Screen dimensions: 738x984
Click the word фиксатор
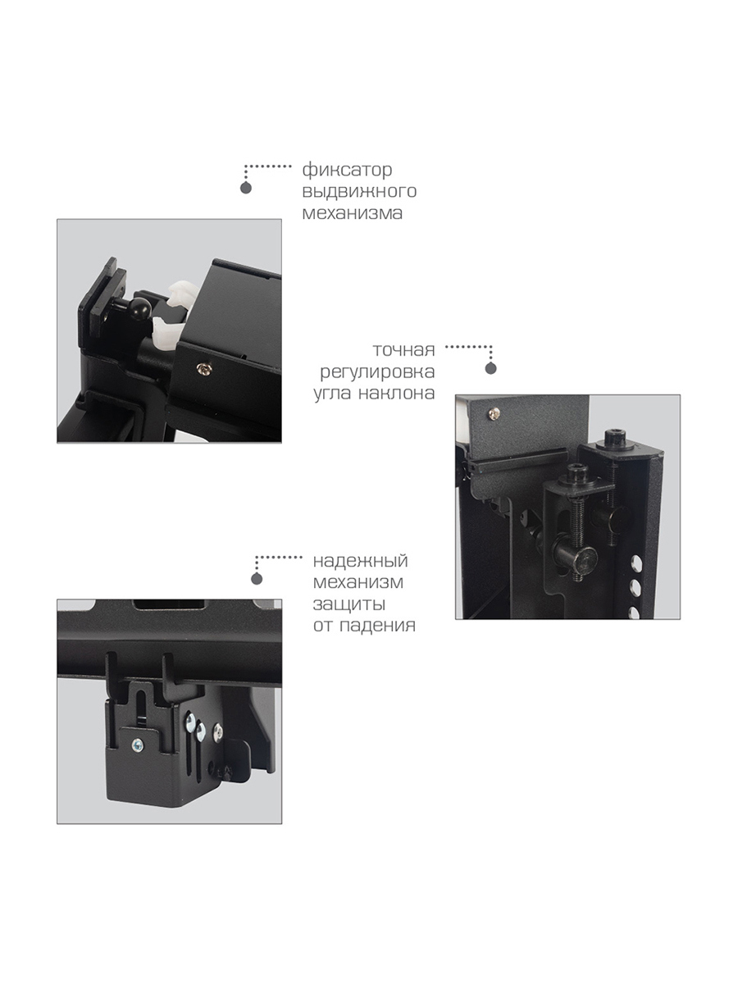coord(347,171)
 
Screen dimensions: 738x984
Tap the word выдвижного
coord(359,191)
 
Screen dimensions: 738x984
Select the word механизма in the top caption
coord(353,213)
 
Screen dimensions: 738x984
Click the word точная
coord(403,350)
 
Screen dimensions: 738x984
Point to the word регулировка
coord(377,372)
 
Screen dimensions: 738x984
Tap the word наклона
coord(397,393)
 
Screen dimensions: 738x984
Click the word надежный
coord(360,561)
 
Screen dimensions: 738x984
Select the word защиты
coord(349,604)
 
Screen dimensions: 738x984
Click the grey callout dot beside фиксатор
coord(245,188)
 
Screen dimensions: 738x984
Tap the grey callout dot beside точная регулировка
coord(491,368)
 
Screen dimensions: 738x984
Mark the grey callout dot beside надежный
coord(257,579)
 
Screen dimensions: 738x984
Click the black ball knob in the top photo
coord(141,309)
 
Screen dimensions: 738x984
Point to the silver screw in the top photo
coord(204,368)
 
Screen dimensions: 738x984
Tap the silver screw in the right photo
coord(494,414)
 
